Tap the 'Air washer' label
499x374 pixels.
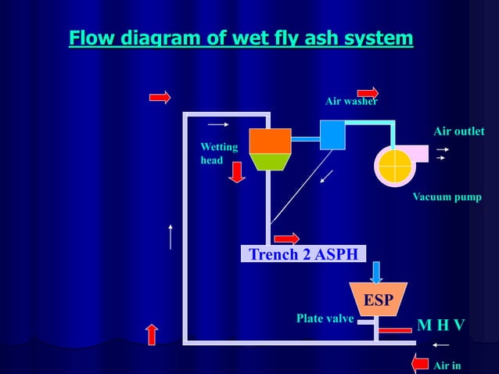tap(351, 102)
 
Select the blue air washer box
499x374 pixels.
tap(332, 135)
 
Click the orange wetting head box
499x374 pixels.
tap(270, 141)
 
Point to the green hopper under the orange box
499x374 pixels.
tap(270, 162)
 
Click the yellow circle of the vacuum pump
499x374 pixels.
tap(394, 165)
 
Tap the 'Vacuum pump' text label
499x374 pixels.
tap(447, 196)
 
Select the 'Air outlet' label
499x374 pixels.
tap(458, 131)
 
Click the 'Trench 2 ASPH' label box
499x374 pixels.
tap(303, 254)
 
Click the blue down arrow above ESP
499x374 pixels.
tap(377, 272)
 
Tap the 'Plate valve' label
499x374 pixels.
tap(325, 318)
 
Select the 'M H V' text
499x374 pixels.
tap(440, 325)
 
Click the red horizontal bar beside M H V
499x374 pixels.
tap(397, 329)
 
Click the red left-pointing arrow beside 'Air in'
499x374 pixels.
tap(420, 363)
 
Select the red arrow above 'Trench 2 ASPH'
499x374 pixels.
tap(286, 239)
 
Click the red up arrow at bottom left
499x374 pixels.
tap(153, 333)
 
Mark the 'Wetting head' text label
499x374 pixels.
tap(214, 153)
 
